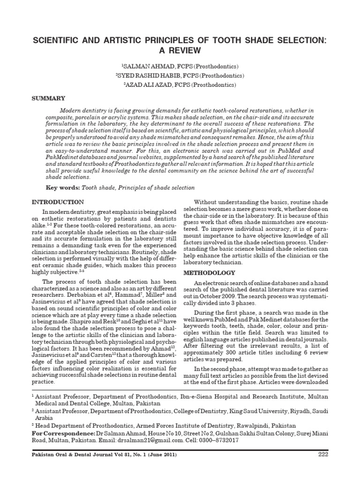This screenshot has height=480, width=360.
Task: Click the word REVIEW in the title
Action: click(180, 50)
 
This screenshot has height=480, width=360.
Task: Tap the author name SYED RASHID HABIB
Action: click(146, 75)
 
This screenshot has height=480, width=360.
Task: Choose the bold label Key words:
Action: click(63, 187)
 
